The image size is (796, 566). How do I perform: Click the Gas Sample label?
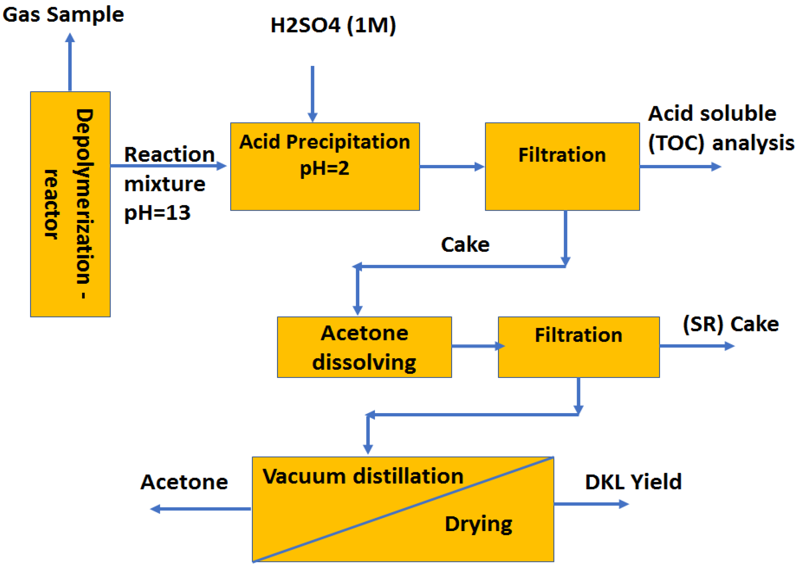point(63,15)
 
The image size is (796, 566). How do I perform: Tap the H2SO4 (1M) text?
point(333,25)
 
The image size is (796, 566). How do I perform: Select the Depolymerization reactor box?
point(70,204)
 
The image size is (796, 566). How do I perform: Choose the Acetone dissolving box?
point(364,347)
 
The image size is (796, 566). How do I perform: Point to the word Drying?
point(478,524)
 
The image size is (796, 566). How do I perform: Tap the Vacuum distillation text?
point(363,476)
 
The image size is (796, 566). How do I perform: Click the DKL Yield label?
point(633,482)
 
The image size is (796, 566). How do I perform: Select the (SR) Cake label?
point(730,324)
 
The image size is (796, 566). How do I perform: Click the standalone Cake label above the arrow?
point(465,245)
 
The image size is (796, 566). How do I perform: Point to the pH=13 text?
point(157,213)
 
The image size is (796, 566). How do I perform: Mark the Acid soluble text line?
point(712,114)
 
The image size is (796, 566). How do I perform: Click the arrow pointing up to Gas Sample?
point(70,62)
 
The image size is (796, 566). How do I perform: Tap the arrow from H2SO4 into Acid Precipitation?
point(312,93)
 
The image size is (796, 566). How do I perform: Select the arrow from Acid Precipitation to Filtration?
point(452,166)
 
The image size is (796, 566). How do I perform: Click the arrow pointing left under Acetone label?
point(200,509)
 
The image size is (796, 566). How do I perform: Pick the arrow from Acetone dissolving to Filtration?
point(477,346)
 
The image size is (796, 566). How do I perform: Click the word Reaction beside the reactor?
point(169,155)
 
